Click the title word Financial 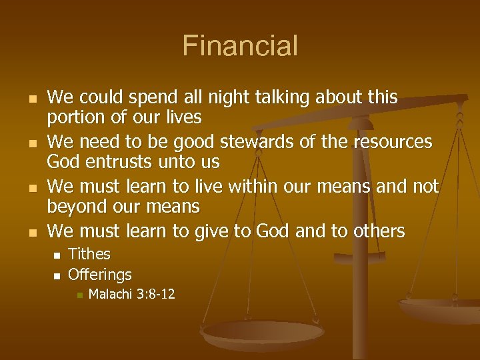click(x=240, y=46)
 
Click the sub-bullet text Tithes click(x=89, y=254)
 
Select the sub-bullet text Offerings click(x=100, y=274)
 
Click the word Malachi click(x=111, y=294)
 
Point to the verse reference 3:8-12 click(x=156, y=294)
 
